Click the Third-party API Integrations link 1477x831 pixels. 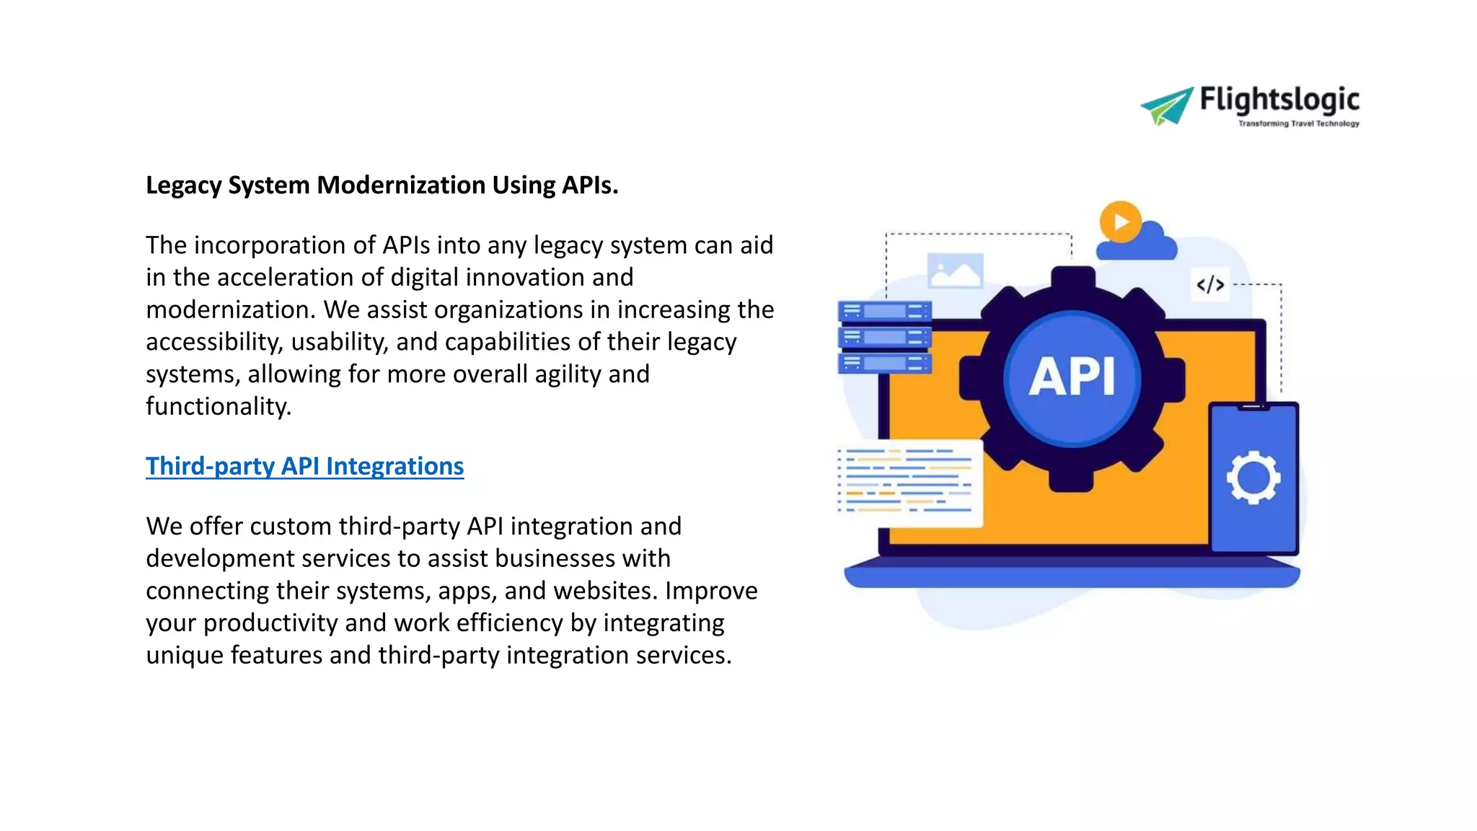pos(304,466)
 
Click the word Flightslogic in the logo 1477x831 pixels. pos(1279,100)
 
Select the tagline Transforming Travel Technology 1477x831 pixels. pos(1298,124)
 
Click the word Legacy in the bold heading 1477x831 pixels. pos(183,185)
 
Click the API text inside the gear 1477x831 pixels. pos(1072,377)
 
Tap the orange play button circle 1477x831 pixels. pos(1120,221)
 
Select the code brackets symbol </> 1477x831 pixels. pos(1210,285)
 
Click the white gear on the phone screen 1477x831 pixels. pos(1253,477)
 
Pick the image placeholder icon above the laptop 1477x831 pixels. pos(955,271)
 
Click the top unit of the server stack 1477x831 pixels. pos(884,312)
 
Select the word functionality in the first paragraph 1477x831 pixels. pos(218,406)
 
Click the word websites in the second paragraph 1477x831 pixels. pos(604,591)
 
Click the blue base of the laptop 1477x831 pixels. pos(1072,576)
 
